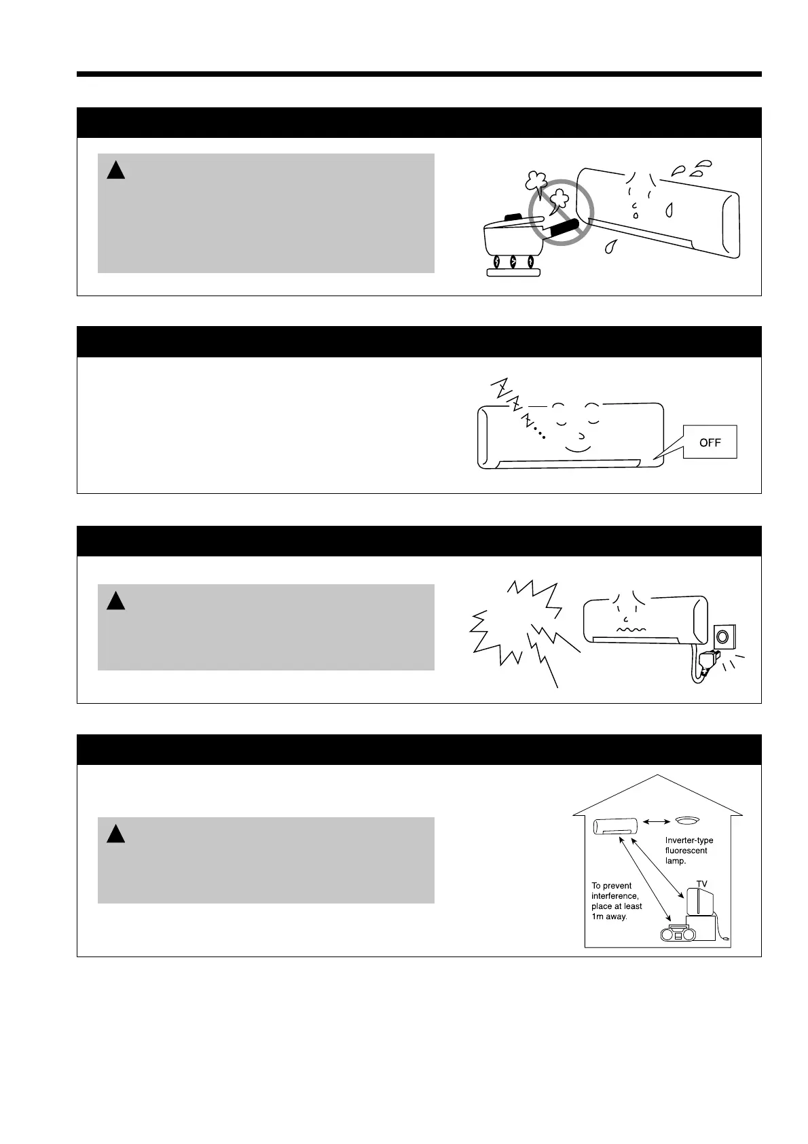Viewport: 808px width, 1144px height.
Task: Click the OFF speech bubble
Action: (710, 442)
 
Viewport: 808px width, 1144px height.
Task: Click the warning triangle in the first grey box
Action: (116, 170)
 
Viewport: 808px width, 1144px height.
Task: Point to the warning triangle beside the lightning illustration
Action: (116, 601)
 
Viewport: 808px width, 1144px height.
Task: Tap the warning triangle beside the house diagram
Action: (116, 834)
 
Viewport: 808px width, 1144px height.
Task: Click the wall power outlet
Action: (722, 637)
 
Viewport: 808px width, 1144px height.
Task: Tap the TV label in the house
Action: (701, 884)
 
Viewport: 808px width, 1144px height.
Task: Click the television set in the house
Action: (700, 902)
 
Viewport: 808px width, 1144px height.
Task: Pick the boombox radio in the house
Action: (678, 934)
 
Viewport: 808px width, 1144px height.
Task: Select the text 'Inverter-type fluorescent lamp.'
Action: (688, 851)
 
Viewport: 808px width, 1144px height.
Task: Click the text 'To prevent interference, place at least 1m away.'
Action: (616, 901)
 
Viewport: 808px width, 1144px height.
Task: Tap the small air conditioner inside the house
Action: (615, 826)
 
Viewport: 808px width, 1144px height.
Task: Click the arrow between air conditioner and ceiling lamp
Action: (655, 822)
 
